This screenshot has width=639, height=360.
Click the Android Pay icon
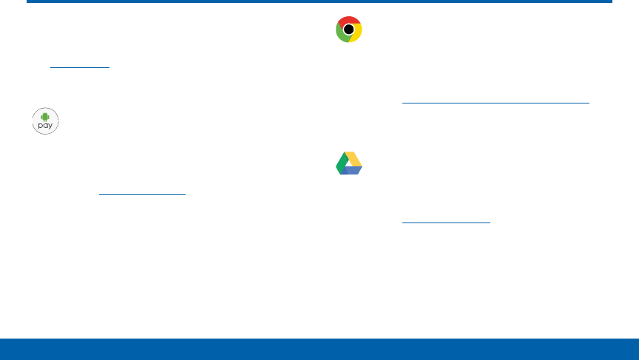[45, 120]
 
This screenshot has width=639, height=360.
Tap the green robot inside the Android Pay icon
[45, 116]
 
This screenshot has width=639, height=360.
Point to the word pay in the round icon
[45, 126]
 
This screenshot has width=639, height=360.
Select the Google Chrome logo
[348, 30]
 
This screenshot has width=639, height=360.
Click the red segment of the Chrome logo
[348, 21]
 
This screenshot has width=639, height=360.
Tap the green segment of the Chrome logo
[341, 33]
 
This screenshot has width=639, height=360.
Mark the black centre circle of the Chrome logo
[348, 30]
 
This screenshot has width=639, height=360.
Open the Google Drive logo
[348, 163]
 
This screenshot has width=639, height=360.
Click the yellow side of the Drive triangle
[354, 158]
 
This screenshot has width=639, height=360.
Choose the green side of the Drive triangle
[341, 163]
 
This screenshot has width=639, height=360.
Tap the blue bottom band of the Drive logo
[351, 171]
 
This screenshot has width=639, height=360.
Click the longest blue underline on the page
[496, 103]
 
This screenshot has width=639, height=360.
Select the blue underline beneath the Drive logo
[446, 221]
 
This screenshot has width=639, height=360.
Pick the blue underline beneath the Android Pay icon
[142, 194]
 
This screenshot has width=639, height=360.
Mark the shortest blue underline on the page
[80, 67]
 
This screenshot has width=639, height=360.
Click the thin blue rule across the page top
[319, 1]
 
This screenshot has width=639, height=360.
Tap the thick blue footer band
[319, 349]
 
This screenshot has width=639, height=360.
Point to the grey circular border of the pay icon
[33, 120]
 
